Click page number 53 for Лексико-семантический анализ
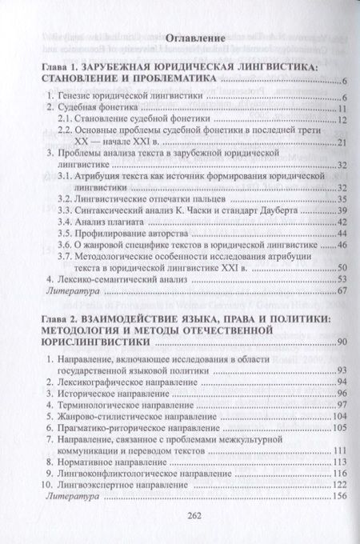338,278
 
